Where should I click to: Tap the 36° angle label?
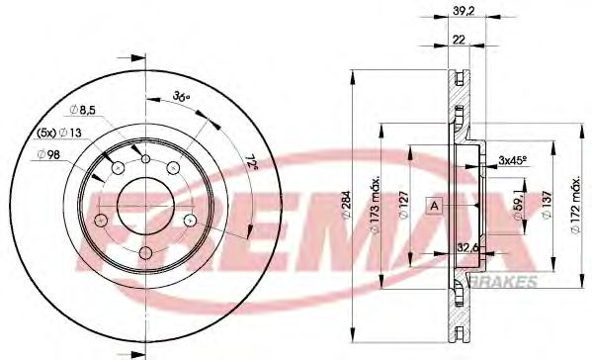(180, 96)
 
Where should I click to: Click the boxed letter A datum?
(433, 206)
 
